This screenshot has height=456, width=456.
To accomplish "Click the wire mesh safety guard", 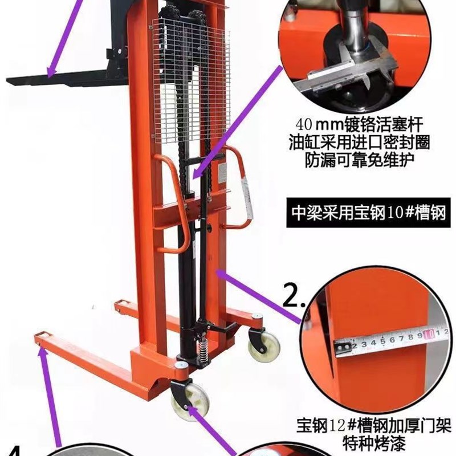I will coord(191,74).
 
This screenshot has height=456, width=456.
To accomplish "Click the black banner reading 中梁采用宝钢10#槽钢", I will coord(368,214).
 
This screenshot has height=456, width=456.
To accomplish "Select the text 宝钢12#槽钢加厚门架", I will coord(373,425).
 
